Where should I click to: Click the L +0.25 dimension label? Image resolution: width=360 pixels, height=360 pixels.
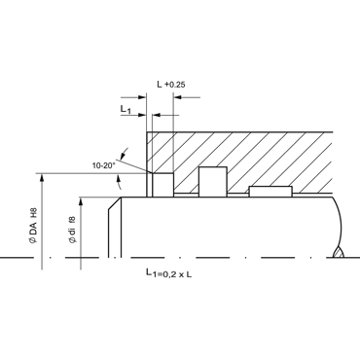point(171,85)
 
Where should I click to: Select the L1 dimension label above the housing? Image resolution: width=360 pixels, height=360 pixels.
point(126,110)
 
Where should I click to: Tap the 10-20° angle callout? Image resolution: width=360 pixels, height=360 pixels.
point(104,165)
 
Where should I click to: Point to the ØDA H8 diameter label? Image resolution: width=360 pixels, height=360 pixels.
point(33,226)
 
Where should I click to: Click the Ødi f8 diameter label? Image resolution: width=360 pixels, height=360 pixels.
point(72,230)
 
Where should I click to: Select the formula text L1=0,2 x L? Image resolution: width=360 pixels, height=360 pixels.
point(168,273)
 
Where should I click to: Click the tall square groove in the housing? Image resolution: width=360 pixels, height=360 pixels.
point(213,182)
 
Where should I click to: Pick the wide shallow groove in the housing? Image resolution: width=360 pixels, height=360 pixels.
point(270,192)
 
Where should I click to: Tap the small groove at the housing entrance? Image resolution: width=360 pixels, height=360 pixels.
point(163,185)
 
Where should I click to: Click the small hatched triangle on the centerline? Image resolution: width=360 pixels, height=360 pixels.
point(339,253)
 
